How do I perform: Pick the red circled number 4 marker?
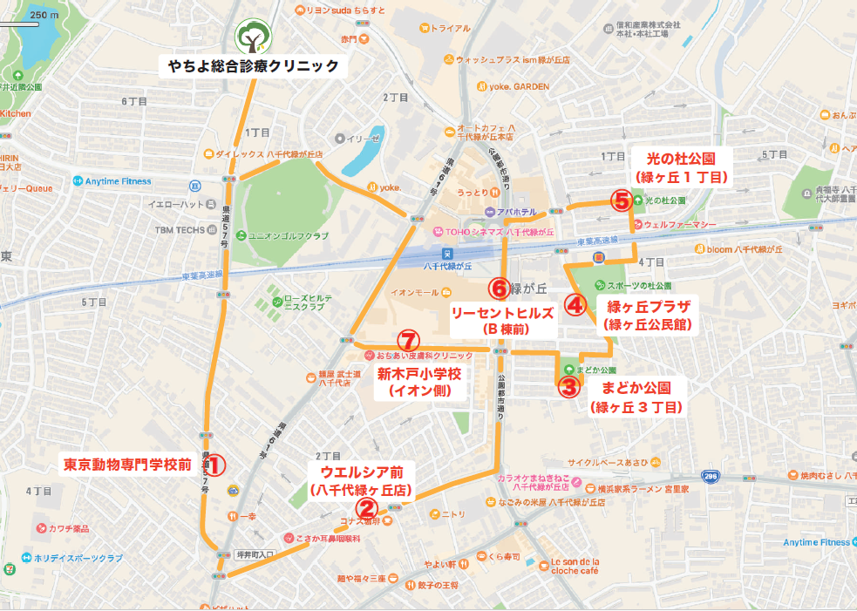point(575,304)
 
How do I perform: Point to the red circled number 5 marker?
point(621,201)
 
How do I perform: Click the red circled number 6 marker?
point(499,287)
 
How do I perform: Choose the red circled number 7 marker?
point(407,341)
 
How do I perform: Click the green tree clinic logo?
point(253,36)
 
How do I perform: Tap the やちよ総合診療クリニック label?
point(253,65)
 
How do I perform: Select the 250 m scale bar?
point(19,24)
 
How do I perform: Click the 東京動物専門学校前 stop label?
point(127,465)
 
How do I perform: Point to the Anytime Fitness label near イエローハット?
point(118,181)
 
